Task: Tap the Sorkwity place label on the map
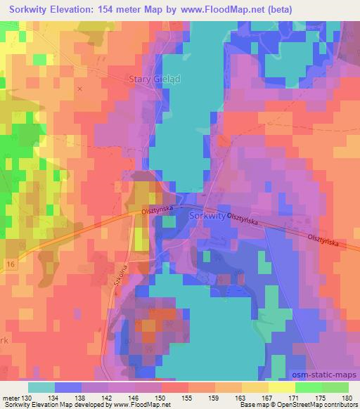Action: pyautogui.click(x=207, y=217)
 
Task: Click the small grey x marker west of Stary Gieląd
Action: pyautogui.click(x=79, y=89)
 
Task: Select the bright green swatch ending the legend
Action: pyautogui.click(x=335, y=387)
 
